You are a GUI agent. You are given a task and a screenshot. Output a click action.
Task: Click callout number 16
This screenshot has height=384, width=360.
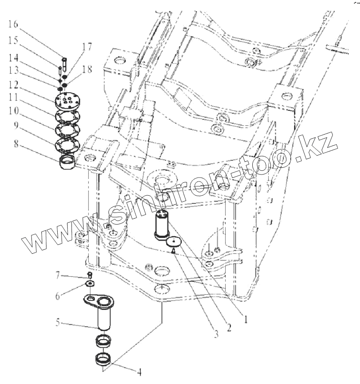pos(13,25)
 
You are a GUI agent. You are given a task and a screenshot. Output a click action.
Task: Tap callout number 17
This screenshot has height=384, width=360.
pos(87,47)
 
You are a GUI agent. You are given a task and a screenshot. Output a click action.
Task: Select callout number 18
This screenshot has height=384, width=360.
pos(87,69)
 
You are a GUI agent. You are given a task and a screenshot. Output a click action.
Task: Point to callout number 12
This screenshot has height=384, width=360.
pos(13,85)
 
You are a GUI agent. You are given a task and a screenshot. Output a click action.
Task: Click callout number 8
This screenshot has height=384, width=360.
pos(16,144)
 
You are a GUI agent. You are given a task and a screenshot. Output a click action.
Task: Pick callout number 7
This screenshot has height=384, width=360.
pos(57,276)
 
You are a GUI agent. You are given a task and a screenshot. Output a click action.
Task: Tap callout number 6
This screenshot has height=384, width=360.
pos(58,296)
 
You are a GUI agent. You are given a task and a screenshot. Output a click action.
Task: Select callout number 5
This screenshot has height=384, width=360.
pos(58,322)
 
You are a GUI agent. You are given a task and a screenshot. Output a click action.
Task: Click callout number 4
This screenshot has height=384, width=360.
pos(139,372)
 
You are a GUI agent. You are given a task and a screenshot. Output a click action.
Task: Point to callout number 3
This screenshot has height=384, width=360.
pos(216,334)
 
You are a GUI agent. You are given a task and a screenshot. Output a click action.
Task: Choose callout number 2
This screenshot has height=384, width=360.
pos(229,328)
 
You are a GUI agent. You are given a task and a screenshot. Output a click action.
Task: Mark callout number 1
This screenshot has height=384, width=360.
pos(245,319)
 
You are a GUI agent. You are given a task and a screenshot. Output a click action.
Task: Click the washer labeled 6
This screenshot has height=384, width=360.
pos(90,284)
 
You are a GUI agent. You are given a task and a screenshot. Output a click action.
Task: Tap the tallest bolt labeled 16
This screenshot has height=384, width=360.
pos(64,64)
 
